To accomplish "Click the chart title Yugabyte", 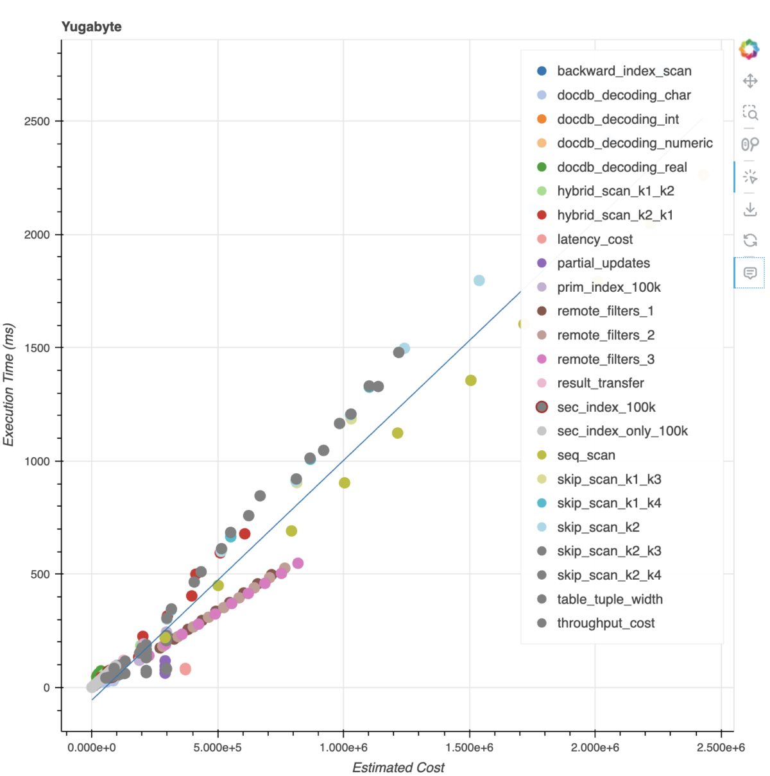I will tap(91, 27).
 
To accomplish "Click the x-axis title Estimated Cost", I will tap(398, 767).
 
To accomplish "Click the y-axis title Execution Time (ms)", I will tap(9, 385).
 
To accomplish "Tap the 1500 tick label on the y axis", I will tap(37, 348).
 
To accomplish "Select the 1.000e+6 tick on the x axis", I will tap(343, 747).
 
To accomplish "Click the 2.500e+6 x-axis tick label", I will tap(721, 747).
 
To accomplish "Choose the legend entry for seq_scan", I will tap(586, 455).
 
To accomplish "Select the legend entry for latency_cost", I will tap(594, 239).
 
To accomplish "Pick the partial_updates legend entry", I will tap(603, 263).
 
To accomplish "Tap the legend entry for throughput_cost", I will tap(606, 623).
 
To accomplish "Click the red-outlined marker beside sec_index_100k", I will tap(542, 407).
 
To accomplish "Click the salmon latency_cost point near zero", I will tap(185, 669).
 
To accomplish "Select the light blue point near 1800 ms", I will tap(479, 280).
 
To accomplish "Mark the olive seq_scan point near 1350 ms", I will tap(470, 380).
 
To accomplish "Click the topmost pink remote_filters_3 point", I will tap(298, 563).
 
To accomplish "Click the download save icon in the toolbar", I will tap(749, 209).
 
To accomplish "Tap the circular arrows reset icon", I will tap(749, 240).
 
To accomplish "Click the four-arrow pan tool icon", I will tap(749, 81).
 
